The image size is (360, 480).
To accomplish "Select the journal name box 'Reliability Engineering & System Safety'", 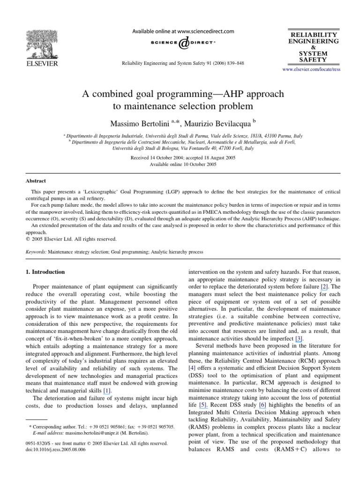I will (313, 47).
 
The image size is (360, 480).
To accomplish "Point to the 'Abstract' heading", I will (35, 180).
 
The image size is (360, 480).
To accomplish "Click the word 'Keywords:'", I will (36, 252).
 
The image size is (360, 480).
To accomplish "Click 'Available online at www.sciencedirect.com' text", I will (183, 31).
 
